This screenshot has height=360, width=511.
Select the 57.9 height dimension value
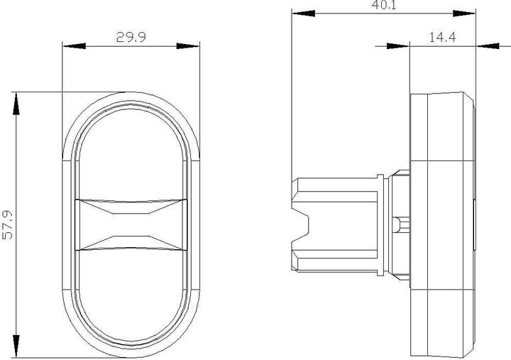click(9, 224)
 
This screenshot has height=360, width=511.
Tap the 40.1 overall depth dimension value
click(383, 6)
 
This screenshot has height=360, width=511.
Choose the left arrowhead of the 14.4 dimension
click(397, 46)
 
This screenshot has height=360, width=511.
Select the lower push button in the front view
click(131, 291)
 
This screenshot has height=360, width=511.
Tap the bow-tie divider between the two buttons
click(131, 225)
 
